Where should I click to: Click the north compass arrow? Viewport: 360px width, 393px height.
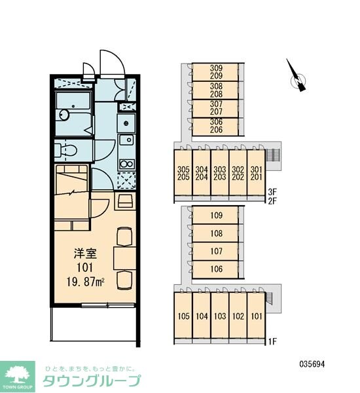(x=297, y=77)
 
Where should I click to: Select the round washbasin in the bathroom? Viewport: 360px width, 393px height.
(x=64, y=115)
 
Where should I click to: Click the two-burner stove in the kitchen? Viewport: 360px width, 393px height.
(x=127, y=164)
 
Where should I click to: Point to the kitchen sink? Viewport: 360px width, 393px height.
(x=126, y=140)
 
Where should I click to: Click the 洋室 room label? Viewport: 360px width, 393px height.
(x=85, y=253)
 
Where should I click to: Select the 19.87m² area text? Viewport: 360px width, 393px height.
(x=86, y=282)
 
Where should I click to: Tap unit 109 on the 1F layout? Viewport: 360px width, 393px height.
(x=217, y=215)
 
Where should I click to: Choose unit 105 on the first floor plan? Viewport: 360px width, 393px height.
(x=184, y=316)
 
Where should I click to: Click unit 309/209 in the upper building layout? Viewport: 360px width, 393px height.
(x=216, y=72)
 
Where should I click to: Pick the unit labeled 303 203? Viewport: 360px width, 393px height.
(x=220, y=173)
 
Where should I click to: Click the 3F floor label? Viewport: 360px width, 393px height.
(x=272, y=192)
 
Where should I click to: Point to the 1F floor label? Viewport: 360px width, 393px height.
(x=272, y=341)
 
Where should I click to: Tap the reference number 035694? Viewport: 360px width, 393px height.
(x=312, y=364)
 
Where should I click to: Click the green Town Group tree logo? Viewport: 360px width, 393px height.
(x=18, y=377)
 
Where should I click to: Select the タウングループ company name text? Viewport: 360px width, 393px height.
(x=92, y=381)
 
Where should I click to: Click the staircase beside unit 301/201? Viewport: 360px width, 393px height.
(x=273, y=155)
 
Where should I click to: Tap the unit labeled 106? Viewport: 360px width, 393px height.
(x=217, y=269)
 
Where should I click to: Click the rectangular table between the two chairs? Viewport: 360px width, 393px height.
(x=124, y=258)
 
